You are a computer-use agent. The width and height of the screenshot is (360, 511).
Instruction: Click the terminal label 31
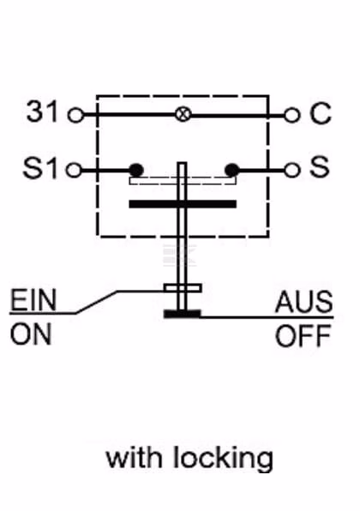click(42, 111)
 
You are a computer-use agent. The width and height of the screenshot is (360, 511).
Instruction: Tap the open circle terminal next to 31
click(75, 115)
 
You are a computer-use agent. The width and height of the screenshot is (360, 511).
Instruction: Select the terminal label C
click(321, 113)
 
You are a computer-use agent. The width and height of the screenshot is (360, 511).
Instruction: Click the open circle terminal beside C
click(291, 115)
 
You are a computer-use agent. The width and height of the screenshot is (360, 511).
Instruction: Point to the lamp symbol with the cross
click(183, 114)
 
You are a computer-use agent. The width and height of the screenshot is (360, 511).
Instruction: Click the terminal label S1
click(40, 168)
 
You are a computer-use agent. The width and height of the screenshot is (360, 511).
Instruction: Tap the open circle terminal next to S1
click(74, 170)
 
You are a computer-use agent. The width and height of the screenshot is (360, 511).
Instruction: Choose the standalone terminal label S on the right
click(319, 166)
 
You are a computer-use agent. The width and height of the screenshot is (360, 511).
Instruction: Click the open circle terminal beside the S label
click(291, 170)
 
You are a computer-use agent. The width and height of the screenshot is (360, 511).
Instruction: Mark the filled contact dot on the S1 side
click(136, 170)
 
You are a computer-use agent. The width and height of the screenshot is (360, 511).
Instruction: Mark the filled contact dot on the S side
click(232, 170)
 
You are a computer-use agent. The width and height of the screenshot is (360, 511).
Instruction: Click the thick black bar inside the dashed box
click(183, 204)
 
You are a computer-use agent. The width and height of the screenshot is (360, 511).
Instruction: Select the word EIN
click(33, 300)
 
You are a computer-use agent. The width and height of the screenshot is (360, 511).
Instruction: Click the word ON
click(31, 334)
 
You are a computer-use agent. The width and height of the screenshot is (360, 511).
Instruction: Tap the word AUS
click(304, 302)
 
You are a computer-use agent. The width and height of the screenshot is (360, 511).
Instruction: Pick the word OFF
click(303, 336)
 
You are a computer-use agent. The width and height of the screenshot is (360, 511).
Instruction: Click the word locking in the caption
click(223, 459)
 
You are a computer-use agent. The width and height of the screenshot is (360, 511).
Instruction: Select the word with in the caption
click(134, 457)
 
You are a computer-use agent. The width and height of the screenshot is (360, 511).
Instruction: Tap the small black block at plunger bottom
click(182, 314)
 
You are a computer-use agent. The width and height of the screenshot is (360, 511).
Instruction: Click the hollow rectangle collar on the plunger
click(183, 288)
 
